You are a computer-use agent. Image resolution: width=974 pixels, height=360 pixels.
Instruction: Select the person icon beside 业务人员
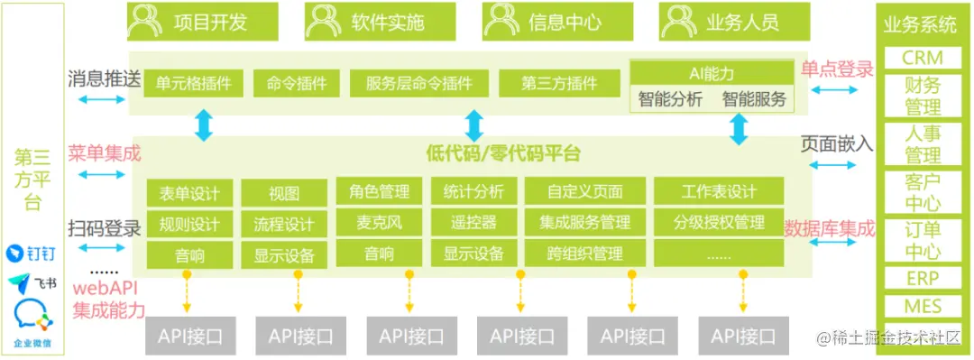[x=676, y=22]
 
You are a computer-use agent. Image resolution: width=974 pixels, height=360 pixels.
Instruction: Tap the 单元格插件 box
[x=187, y=84]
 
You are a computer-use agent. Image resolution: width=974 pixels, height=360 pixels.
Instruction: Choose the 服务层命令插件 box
[x=419, y=84]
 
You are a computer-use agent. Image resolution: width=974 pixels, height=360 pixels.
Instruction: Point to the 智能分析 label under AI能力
[x=670, y=99]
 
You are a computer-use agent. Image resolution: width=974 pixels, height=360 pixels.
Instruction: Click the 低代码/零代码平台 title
[x=503, y=152]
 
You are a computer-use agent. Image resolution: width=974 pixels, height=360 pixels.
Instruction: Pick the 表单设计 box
[x=189, y=193]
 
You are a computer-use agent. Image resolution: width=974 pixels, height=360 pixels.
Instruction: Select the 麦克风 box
[x=379, y=222]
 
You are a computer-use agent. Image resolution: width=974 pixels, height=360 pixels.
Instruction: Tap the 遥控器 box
[x=473, y=222]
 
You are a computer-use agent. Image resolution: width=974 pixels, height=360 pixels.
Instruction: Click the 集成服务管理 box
[x=584, y=222]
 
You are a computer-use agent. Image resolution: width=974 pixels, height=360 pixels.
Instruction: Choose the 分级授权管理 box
[x=719, y=222]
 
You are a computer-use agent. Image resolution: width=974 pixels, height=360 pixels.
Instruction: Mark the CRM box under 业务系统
[x=922, y=59]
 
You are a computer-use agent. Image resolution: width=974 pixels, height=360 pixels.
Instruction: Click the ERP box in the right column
[x=922, y=277]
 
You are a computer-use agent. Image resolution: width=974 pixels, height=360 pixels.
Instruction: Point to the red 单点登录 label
[x=837, y=69]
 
